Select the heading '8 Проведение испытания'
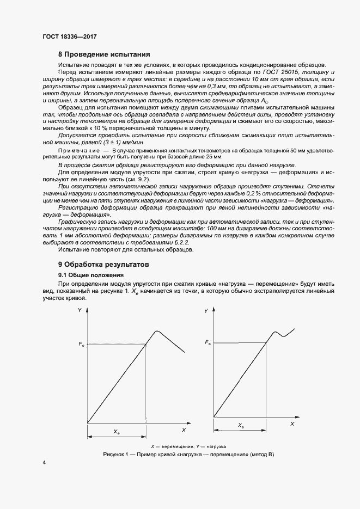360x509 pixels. click(103, 54)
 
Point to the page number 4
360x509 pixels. click(44, 463)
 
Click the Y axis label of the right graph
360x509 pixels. click(206, 310)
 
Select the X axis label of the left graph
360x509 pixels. click(184, 430)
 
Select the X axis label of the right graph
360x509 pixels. click(292, 423)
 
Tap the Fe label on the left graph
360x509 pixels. click(81, 344)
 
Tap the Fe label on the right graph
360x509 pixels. click(208, 342)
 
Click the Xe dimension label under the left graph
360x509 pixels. click(117, 431)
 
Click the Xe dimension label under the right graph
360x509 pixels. click(241, 425)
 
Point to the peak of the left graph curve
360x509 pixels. click(157, 331)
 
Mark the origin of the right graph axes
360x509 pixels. click(213, 416)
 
